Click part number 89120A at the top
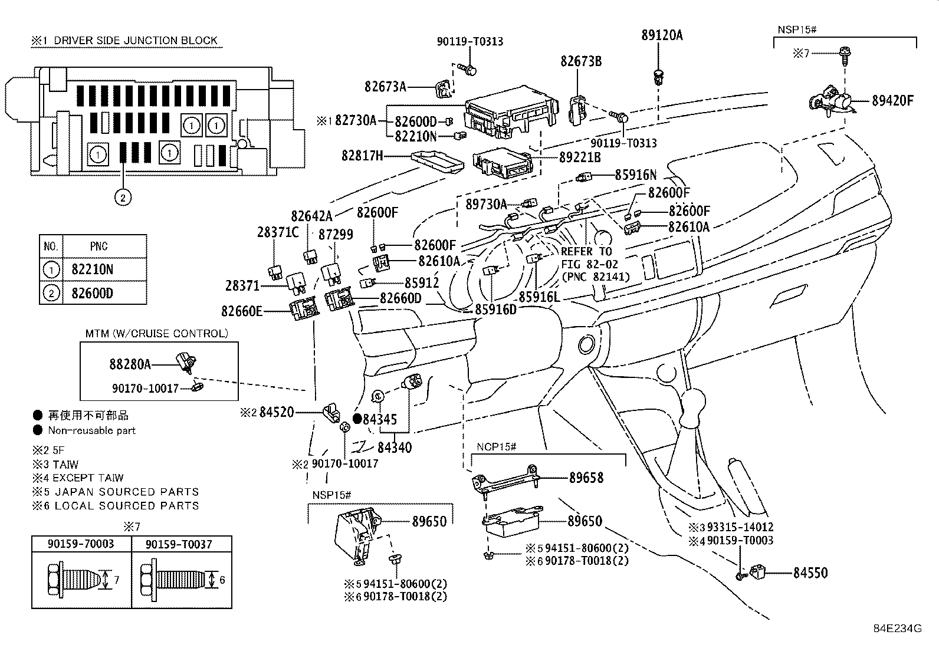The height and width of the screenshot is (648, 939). [x=662, y=35]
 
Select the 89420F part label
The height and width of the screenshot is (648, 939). [x=892, y=101]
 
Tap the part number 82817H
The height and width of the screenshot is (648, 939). [x=362, y=156]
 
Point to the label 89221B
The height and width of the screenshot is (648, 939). [x=580, y=157]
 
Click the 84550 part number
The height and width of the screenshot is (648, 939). [x=810, y=573]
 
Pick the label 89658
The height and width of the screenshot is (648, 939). [x=586, y=478]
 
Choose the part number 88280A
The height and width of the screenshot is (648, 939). [x=130, y=364]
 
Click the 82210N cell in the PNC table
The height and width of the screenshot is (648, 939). [x=92, y=269]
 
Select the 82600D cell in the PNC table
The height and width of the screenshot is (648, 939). [x=92, y=293]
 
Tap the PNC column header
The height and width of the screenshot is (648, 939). [x=99, y=246]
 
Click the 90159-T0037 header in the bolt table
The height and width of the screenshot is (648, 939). [x=179, y=544]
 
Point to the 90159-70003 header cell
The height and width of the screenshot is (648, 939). [x=80, y=544]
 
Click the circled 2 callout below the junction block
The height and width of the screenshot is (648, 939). [x=123, y=198]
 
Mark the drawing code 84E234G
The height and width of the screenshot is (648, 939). [x=898, y=629]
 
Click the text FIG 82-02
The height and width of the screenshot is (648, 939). [x=589, y=265]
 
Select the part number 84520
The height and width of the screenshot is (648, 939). [x=276, y=412]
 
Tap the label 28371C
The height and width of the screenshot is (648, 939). [x=277, y=232]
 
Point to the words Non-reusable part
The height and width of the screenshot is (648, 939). [x=92, y=430]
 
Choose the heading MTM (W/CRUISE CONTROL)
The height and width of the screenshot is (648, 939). [x=157, y=334]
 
